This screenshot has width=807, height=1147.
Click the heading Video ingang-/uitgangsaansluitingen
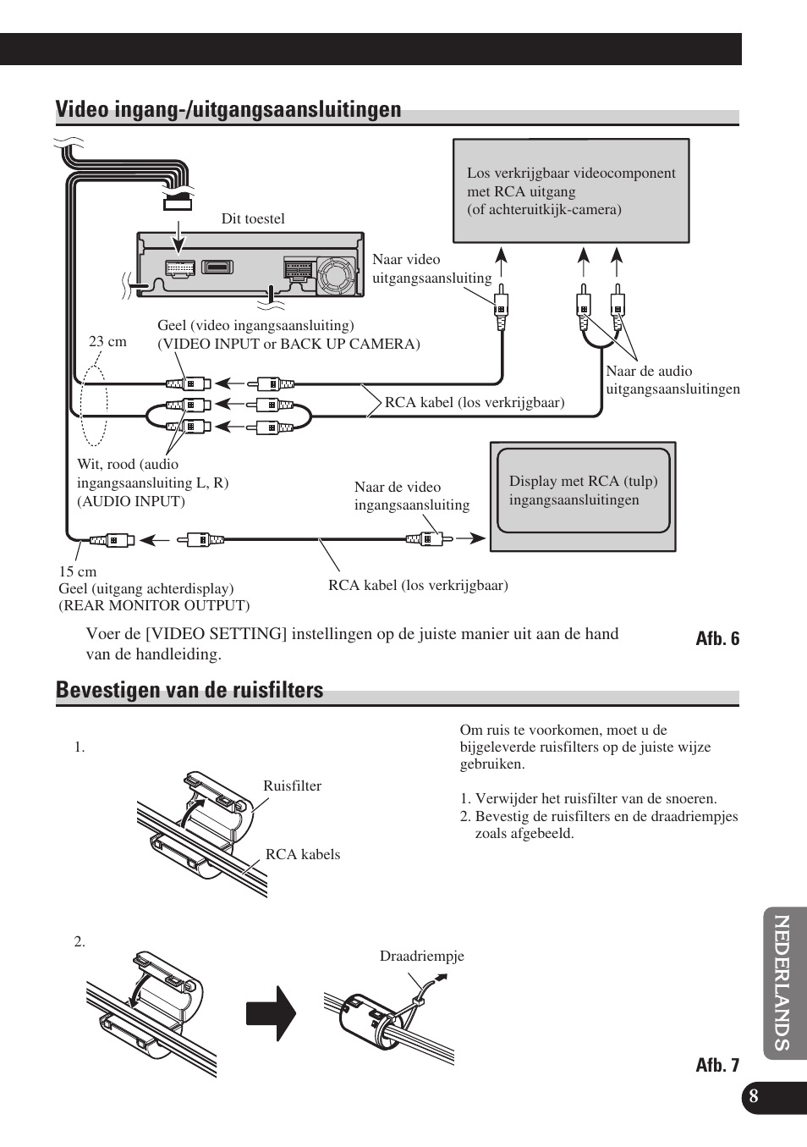pos(228,110)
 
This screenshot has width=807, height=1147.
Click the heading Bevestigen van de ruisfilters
pos(189,691)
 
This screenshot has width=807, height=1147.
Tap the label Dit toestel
pos(253,218)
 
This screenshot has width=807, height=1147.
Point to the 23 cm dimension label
pos(107,342)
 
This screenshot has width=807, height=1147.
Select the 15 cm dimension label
pos(77,571)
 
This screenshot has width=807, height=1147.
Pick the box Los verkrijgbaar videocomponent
pos(571,191)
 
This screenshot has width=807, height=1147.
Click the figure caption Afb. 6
pos(717,639)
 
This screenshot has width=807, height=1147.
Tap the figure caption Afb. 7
pos(717,1065)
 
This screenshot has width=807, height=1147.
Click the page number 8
pos(754,1097)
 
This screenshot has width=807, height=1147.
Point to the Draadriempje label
pos(421,957)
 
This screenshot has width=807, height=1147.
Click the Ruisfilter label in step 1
pos(292,786)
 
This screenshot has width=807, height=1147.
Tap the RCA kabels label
pos(303,854)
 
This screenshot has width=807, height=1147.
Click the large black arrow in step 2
pos(271,1013)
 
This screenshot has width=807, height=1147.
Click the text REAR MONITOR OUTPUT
pos(154,606)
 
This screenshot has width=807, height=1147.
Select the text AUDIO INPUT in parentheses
pos(131,501)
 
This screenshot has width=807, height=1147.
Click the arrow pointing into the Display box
pos(476,538)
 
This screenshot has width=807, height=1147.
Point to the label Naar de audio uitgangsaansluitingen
pos(672,380)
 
